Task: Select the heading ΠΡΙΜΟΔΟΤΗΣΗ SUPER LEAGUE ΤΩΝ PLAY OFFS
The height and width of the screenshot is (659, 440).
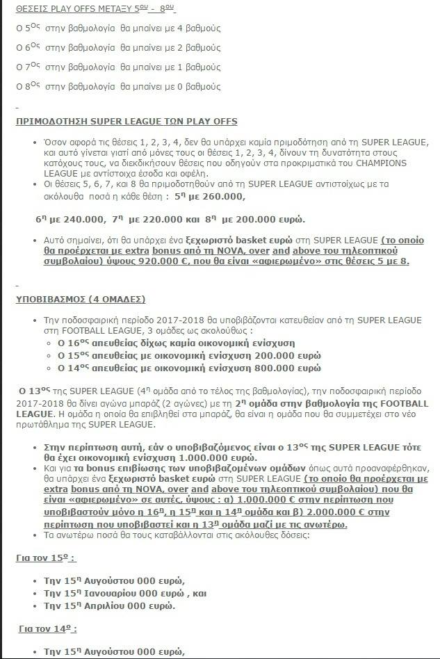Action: click(x=127, y=121)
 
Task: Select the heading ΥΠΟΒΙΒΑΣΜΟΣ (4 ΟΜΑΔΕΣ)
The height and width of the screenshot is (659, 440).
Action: click(x=80, y=299)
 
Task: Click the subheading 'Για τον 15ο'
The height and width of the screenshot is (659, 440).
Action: click(x=45, y=558)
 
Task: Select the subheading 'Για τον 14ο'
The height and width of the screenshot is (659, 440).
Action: click(x=47, y=628)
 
